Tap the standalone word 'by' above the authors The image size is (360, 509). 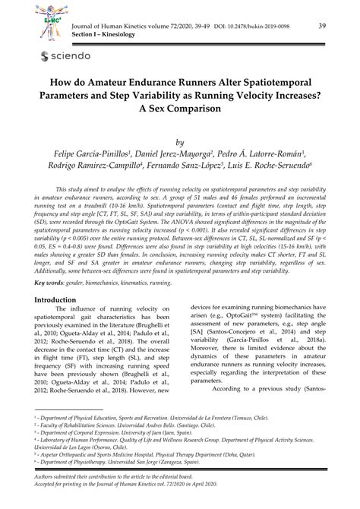pyautogui.click(x=180, y=141)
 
